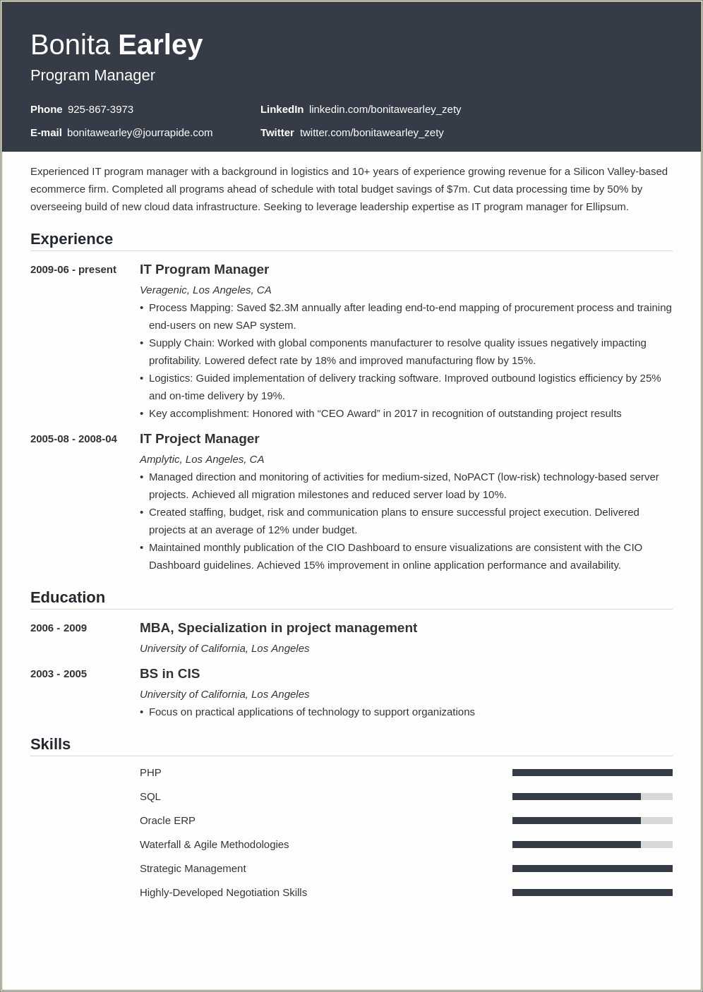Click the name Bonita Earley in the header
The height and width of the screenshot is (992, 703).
click(x=116, y=45)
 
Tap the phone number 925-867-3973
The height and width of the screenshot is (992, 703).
click(x=100, y=109)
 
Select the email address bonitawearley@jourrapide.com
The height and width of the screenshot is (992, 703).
click(x=140, y=133)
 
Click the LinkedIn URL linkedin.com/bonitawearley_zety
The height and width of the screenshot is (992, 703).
click(x=385, y=109)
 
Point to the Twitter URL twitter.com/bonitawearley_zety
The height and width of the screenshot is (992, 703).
click(x=371, y=133)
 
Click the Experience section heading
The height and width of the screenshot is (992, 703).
click(x=71, y=239)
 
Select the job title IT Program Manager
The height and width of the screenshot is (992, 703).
click(x=204, y=270)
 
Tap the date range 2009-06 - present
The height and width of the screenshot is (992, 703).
click(x=73, y=270)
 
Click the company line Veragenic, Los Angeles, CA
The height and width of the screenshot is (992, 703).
click(x=205, y=290)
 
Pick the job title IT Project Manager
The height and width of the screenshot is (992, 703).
click(x=199, y=439)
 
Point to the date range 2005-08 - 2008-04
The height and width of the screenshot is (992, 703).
click(x=73, y=439)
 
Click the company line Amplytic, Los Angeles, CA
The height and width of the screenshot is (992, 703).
click(x=202, y=459)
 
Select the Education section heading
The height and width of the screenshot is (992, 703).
click(x=68, y=598)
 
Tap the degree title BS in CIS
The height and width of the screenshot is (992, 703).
click(x=169, y=674)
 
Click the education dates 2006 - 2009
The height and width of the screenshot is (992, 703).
click(x=59, y=628)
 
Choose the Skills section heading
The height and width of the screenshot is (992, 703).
click(x=50, y=744)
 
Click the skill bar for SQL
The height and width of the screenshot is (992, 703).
click(x=592, y=797)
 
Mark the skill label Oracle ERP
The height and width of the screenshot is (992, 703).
click(x=167, y=821)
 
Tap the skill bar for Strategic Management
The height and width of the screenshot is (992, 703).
click(x=592, y=869)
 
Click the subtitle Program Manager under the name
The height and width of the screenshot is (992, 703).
click(x=92, y=75)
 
